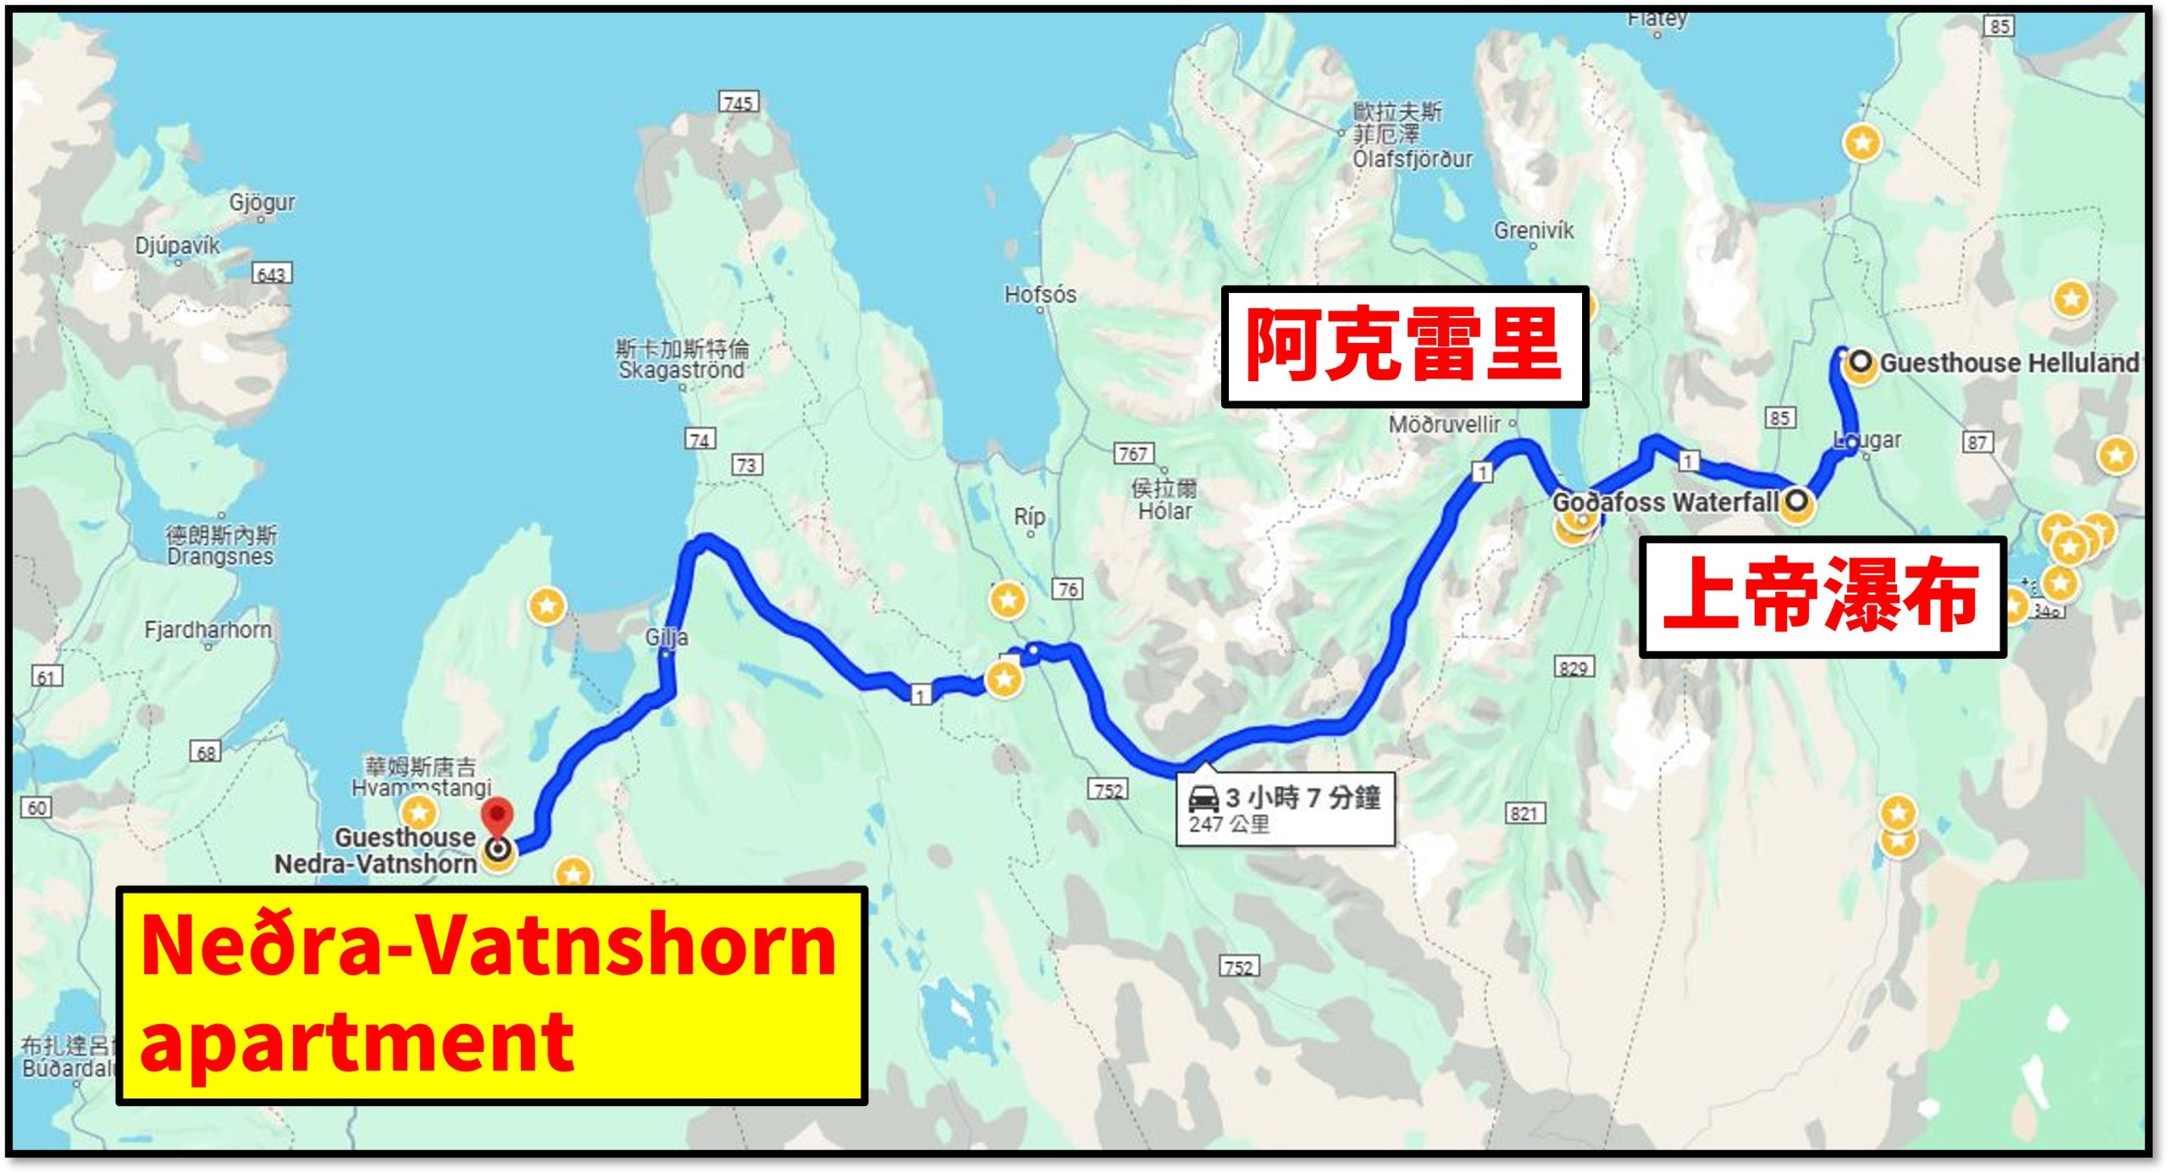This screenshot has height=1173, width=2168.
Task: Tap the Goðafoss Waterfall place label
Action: point(1665,502)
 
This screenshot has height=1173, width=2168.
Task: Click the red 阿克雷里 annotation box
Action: point(1403,346)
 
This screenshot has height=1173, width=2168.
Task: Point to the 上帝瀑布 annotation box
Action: point(1822,596)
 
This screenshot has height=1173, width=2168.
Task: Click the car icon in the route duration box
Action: point(1203,799)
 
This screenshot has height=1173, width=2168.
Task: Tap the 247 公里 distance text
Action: point(1229,824)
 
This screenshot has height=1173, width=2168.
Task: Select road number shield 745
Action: point(738,102)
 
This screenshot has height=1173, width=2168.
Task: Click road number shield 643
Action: point(272,274)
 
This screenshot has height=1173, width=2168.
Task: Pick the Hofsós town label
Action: point(1040,295)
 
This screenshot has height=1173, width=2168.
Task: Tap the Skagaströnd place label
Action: point(682,370)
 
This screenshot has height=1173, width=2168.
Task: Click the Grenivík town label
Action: point(1533,230)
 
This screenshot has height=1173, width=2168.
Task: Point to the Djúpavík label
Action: point(177,246)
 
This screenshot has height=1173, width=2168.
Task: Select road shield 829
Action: point(1573,668)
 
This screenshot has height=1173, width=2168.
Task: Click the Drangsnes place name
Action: point(220,556)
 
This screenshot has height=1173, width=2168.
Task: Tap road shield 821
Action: point(1524,814)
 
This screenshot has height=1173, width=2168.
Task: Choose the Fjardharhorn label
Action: point(208,630)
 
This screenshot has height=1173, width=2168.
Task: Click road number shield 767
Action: point(1133,454)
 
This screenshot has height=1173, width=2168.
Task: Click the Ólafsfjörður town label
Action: point(1413,159)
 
